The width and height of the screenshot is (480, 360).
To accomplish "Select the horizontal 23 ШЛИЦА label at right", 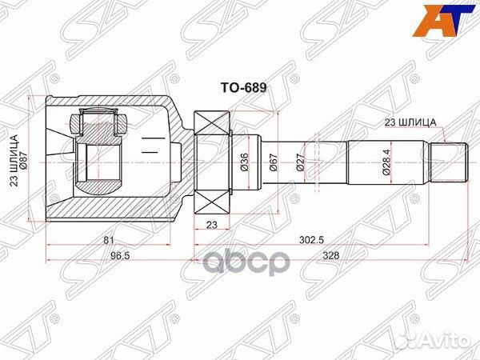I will point(410,122).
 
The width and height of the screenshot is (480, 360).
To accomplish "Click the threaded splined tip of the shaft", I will point(450,161).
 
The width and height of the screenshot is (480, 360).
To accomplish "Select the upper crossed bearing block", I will point(212,124).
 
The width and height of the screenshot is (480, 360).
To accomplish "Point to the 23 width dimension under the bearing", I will point(212,225).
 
